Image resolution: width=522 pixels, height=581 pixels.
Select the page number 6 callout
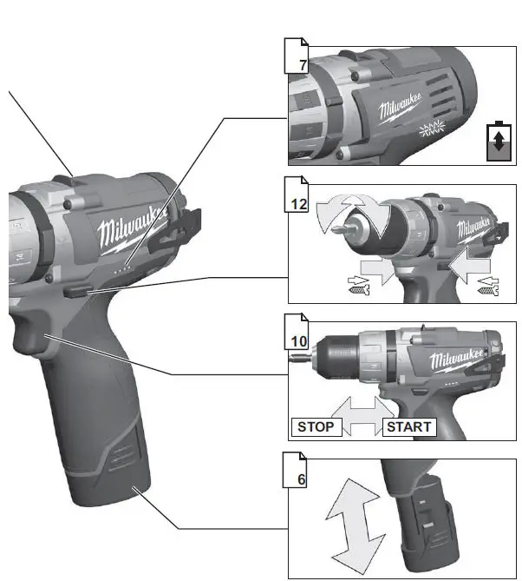[x=299, y=478]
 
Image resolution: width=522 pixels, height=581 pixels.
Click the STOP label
[x=315, y=426]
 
